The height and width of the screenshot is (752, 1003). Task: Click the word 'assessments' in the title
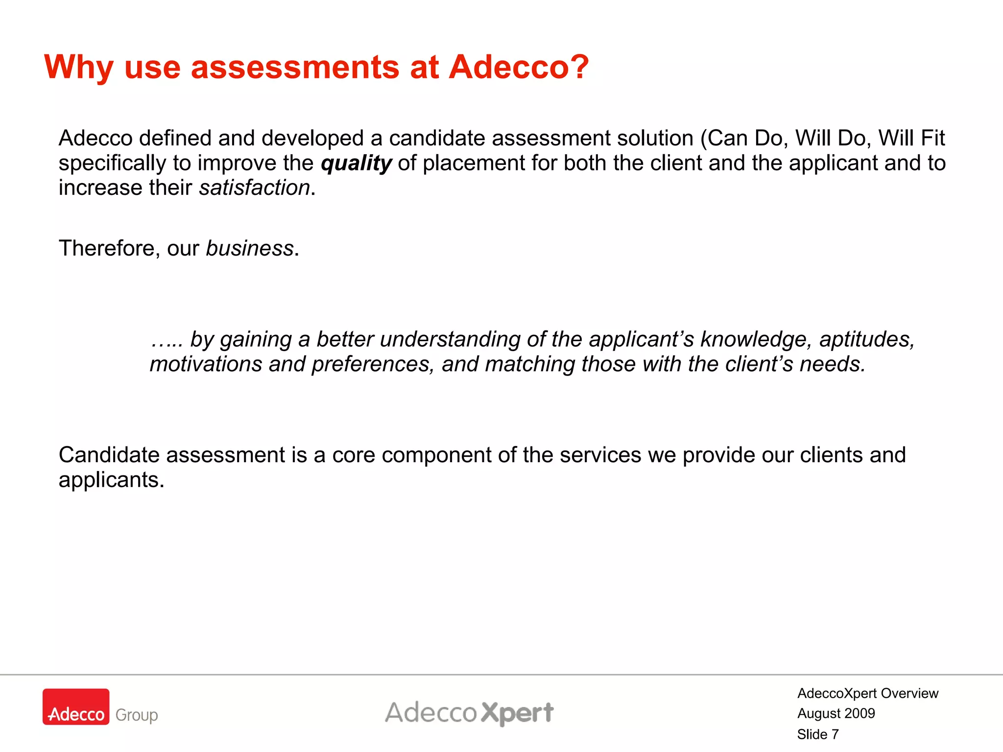[x=295, y=68]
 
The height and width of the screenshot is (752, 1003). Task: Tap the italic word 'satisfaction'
[x=255, y=188]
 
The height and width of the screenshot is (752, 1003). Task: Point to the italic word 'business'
[x=249, y=249]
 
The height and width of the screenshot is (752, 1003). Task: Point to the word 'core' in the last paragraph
[x=354, y=455]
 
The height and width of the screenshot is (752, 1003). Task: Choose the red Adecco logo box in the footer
[x=76, y=706]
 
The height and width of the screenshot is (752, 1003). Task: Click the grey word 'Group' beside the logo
[x=137, y=715]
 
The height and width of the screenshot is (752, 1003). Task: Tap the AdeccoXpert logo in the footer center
[x=469, y=713]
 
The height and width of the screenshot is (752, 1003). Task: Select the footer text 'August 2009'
[x=836, y=713]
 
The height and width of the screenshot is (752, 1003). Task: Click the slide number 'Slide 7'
[x=818, y=734]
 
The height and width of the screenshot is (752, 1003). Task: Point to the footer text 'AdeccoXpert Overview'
[x=868, y=693]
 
